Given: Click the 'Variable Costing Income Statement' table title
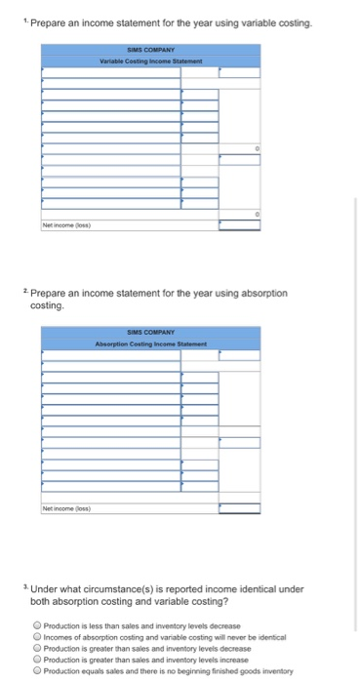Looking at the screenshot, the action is pyautogui.click(x=150, y=61).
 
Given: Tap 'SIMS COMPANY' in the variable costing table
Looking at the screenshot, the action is pyautogui.click(x=150, y=50).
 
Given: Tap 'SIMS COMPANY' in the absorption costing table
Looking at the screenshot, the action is pyautogui.click(x=150, y=333).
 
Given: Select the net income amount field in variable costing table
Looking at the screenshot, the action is pyautogui.click(x=239, y=224).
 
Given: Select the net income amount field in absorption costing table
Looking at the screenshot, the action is pyautogui.click(x=239, y=507).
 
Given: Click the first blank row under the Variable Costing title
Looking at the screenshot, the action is pyautogui.click(x=110, y=72).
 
